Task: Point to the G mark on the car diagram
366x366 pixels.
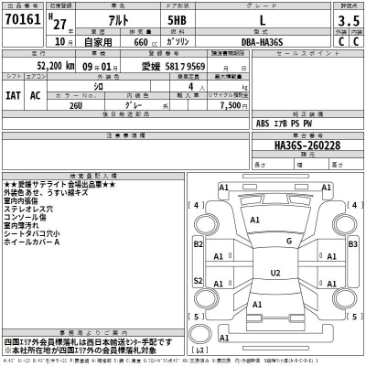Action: [x=288, y=242]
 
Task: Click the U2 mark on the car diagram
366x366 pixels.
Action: [x=274, y=273]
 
